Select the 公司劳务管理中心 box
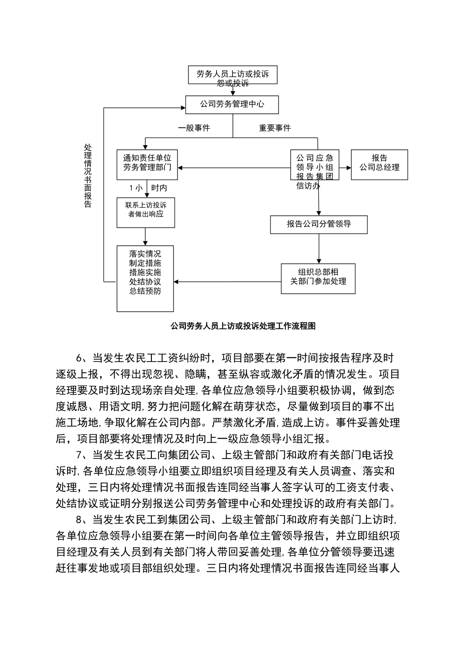(232, 104)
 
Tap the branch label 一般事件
(194, 128)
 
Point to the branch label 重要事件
(275, 128)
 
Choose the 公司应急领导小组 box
(314, 165)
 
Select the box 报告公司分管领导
(319, 224)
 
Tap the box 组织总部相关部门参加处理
(318, 277)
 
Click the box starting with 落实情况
(145, 277)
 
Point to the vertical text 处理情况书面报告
(88, 176)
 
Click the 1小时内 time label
(148, 188)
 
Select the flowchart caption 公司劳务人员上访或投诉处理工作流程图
(243, 326)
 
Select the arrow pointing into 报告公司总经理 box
(345, 168)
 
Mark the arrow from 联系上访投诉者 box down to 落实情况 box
(146, 236)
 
